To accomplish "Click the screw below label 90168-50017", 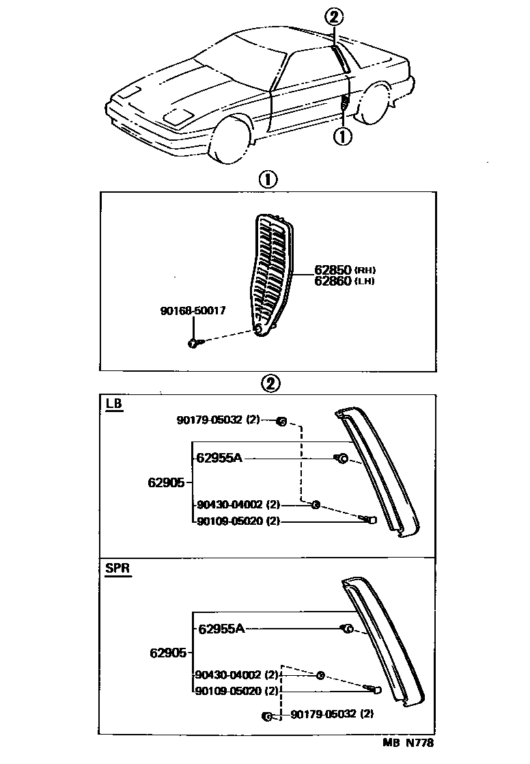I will (194, 342).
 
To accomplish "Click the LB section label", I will (114, 404).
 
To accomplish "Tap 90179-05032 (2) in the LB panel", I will (218, 420).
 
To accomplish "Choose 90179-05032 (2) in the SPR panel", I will (332, 715).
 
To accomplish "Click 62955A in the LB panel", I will (219, 458).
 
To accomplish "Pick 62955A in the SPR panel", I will (221, 629).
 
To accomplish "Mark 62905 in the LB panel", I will (166, 482).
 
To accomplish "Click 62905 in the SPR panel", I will (168, 653).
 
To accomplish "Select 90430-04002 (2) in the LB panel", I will (238, 505).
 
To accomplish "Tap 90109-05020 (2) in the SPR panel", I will (238, 691).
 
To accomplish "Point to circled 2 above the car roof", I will (333, 18).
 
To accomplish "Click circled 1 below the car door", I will (342, 137).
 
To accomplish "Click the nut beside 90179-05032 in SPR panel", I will (268, 716).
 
